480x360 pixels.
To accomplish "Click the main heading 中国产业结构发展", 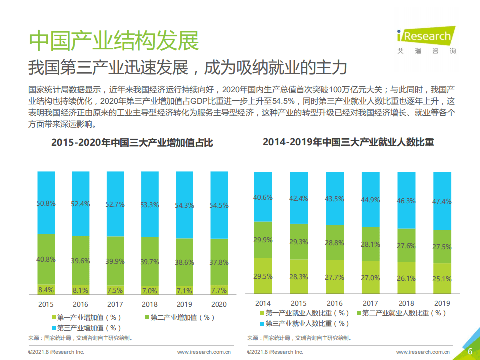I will (x=114, y=40).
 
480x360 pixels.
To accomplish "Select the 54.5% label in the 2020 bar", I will (x=218, y=205).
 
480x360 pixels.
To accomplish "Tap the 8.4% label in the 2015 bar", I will (x=46, y=289).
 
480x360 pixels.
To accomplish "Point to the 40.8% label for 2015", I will (x=46, y=259).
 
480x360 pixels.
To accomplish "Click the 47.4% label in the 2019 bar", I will (x=442, y=201).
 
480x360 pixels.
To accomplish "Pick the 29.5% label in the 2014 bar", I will (x=263, y=276).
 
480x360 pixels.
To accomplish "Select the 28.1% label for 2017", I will (x=370, y=244).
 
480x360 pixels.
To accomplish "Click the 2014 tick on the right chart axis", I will (x=263, y=303).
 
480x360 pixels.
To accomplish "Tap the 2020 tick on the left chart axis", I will (x=218, y=304).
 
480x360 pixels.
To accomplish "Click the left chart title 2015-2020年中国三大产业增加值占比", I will (x=132, y=143).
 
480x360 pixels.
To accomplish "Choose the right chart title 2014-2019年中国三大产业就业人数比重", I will (x=348, y=142).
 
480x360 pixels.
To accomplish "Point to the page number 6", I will (x=470, y=351).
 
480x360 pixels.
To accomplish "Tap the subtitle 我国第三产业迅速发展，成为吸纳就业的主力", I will (x=187, y=67).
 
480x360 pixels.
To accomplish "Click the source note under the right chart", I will (x=299, y=338).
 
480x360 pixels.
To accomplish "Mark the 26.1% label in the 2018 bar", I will (x=406, y=278).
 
